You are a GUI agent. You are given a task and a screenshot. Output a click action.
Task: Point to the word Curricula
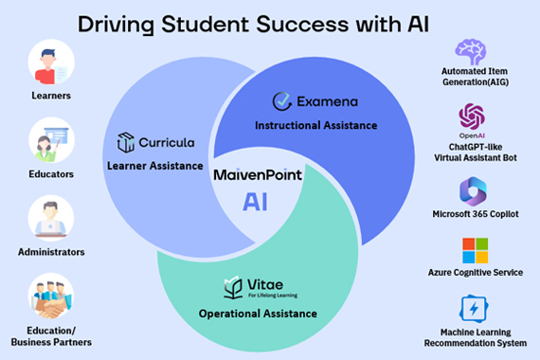click(168, 143)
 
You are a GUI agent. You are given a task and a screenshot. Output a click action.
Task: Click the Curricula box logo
click(126, 143)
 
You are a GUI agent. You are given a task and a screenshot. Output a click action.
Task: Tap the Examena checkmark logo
click(281, 100)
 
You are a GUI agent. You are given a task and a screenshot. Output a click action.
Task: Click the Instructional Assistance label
click(316, 125)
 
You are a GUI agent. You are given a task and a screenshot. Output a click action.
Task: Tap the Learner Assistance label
click(155, 167)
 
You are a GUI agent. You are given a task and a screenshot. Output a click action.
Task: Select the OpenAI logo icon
click(471, 118)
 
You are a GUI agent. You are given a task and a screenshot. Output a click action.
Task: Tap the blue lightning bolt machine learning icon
click(472, 309)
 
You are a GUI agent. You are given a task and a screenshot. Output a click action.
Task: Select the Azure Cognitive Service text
click(475, 273)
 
